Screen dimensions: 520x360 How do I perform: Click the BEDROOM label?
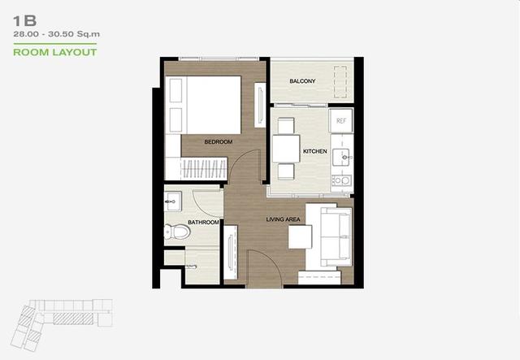click(219, 141)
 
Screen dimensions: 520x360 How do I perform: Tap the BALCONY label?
click(302, 81)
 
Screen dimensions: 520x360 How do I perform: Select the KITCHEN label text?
click(315, 151)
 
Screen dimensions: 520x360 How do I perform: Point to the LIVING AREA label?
click(284, 219)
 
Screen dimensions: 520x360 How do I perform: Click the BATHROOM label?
click(203, 222)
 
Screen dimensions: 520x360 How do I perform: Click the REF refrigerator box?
click(341, 121)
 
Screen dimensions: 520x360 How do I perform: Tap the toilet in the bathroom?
click(177, 232)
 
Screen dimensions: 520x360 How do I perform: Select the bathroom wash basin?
click(172, 201)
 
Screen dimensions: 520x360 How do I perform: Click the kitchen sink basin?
click(342, 158)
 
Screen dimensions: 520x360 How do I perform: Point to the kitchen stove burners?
click(342, 180)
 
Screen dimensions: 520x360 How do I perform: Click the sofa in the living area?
click(336, 237)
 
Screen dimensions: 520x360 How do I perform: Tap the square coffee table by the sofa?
click(300, 236)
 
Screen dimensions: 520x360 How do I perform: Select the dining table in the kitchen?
click(286, 149)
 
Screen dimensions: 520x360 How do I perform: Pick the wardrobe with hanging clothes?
click(204, 168)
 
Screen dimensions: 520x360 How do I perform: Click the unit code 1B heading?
click(24, 21)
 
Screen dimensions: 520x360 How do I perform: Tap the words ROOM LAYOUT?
click(55, 53)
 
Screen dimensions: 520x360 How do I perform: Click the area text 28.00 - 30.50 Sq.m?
click(56, 34)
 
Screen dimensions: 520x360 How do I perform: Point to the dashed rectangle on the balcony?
click(340, 82)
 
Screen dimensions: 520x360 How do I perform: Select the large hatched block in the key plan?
click(73, 319)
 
